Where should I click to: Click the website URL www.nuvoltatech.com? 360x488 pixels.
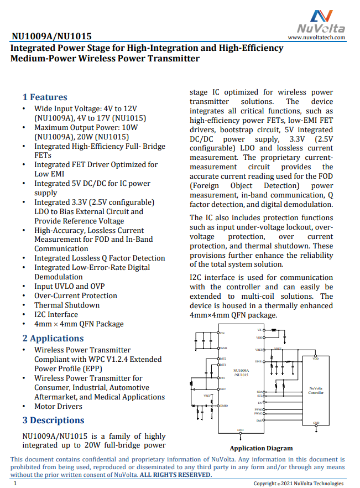coord(317,38)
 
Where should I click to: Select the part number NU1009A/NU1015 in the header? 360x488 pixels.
coord(51,37)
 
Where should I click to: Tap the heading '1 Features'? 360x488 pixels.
coord(45,97)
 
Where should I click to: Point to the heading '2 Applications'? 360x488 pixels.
coord(53,339)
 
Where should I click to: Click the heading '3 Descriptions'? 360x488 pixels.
coord(53,420)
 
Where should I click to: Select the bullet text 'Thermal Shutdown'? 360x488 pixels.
coord(67,305)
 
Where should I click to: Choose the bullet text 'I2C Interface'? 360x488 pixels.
coord(56,315)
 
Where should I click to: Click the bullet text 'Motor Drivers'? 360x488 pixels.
coord(59,407)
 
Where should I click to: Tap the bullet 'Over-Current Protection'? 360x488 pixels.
coord(76,296)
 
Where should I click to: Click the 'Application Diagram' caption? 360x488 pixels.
coord(261,448)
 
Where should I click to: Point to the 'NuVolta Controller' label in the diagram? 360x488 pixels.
coord(316,391)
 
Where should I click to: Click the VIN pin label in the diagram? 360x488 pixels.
coord(222,334)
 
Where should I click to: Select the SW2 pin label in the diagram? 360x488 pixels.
coord(222,389)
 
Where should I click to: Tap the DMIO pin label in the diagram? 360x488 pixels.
coord(224,406)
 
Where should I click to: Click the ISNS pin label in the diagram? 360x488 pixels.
coord(259,361)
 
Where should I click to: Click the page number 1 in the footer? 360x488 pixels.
coord(15,484)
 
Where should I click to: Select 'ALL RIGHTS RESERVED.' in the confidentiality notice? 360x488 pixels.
coord(175,474)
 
